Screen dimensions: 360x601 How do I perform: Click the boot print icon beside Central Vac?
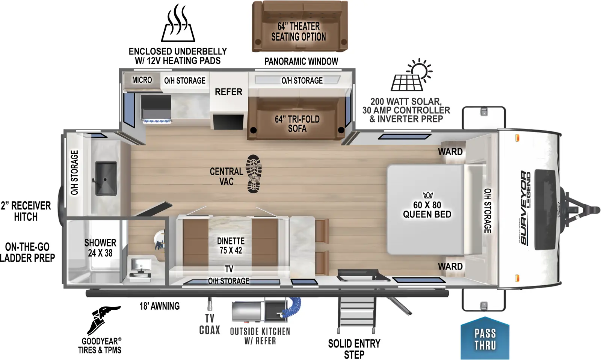pyautogui.click(x=254, y=174)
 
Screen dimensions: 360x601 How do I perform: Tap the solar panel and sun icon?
pyautogui.click(x=411, y=75)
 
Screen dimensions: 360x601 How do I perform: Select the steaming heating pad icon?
pyautogui.click(x=178, y=24)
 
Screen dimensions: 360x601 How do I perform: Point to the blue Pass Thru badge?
pyautogui.click(x=485, y=339)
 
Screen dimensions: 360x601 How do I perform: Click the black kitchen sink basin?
pyautogui.click(x=106, y=178)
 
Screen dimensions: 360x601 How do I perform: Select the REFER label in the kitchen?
pyautogui.click(x=228, y=92)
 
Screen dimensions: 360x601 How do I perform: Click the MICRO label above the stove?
pyautogui.click(x=142, y=80)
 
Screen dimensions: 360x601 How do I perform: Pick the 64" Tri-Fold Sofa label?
pyautogui.click(x=297, y=124)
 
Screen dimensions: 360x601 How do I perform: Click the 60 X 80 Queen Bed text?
pyautogui.click(x=427, y=210)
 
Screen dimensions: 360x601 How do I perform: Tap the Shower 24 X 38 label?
pyautogui.click(x=100, y=248)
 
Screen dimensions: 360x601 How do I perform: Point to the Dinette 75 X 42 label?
pyautogui.click(x=231, y=246)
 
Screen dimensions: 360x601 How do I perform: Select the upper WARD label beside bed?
pyautogui.click(x=450, y=152)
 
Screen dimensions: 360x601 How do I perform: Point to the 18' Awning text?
pyautogui.click(x=160, y=306)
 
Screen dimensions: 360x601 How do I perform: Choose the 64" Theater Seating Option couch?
pyautogui.click(x=299, y=26)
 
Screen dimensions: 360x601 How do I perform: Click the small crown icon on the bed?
pyautogui.click(x=428, y=195)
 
